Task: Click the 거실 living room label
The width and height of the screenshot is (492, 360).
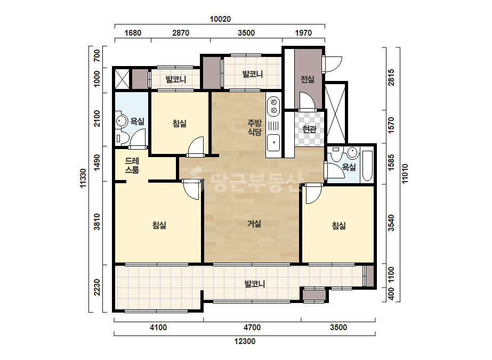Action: tap(254, 224)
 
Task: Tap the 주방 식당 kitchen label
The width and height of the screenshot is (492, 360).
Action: tap(254, 127)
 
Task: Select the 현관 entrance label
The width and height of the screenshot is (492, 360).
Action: tap(309, 129)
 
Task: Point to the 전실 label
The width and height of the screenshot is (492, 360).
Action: tap(307, 79)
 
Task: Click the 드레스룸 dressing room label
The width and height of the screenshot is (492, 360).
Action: tap(132, 165)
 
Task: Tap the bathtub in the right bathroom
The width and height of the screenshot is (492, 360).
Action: tap(367, 166)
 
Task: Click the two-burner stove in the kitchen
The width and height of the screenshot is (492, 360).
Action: tap(273, 107)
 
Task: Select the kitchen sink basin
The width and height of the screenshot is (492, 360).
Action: tap(273, 142)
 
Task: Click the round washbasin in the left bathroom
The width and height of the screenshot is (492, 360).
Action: tap(121, 121)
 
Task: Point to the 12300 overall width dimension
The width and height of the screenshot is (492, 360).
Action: tap(245, 341)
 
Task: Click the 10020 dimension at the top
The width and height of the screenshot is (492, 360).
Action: tap(220, 19)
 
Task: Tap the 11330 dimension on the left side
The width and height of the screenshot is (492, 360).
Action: tap(83, 178)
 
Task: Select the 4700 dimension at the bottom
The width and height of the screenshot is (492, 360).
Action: tap(252, 328)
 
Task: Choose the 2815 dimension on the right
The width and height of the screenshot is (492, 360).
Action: tap(391, 77)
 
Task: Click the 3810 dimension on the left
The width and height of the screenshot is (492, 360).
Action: tap(97, 222)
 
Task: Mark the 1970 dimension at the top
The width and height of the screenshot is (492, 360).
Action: tap(303, 33)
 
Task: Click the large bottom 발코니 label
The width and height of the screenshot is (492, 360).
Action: tap(255, 284)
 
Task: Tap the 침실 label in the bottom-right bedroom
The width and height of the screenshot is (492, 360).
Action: tap(339, 225)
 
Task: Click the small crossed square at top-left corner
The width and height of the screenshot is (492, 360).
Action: tap(122, 79)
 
